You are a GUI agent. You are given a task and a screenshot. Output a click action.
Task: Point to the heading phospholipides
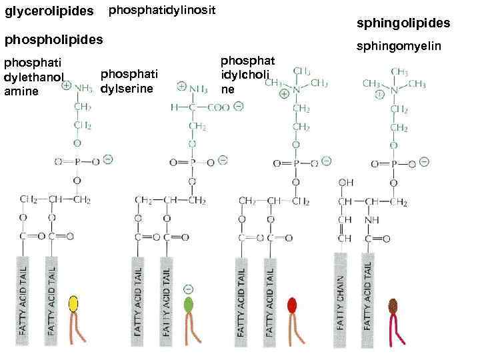point(54,39)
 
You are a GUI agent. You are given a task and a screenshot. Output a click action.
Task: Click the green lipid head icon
point(188,305)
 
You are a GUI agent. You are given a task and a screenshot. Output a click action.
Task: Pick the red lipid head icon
point(292,305)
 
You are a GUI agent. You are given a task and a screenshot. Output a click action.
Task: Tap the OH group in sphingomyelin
point(345,181)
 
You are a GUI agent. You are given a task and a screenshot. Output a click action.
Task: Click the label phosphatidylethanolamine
point(33,78)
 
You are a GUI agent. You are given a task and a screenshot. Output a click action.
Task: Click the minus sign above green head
point(188,288)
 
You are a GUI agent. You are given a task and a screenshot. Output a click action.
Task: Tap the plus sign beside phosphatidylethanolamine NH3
point(67,86)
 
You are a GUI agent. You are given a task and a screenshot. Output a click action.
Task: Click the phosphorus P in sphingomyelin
point(394,162)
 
